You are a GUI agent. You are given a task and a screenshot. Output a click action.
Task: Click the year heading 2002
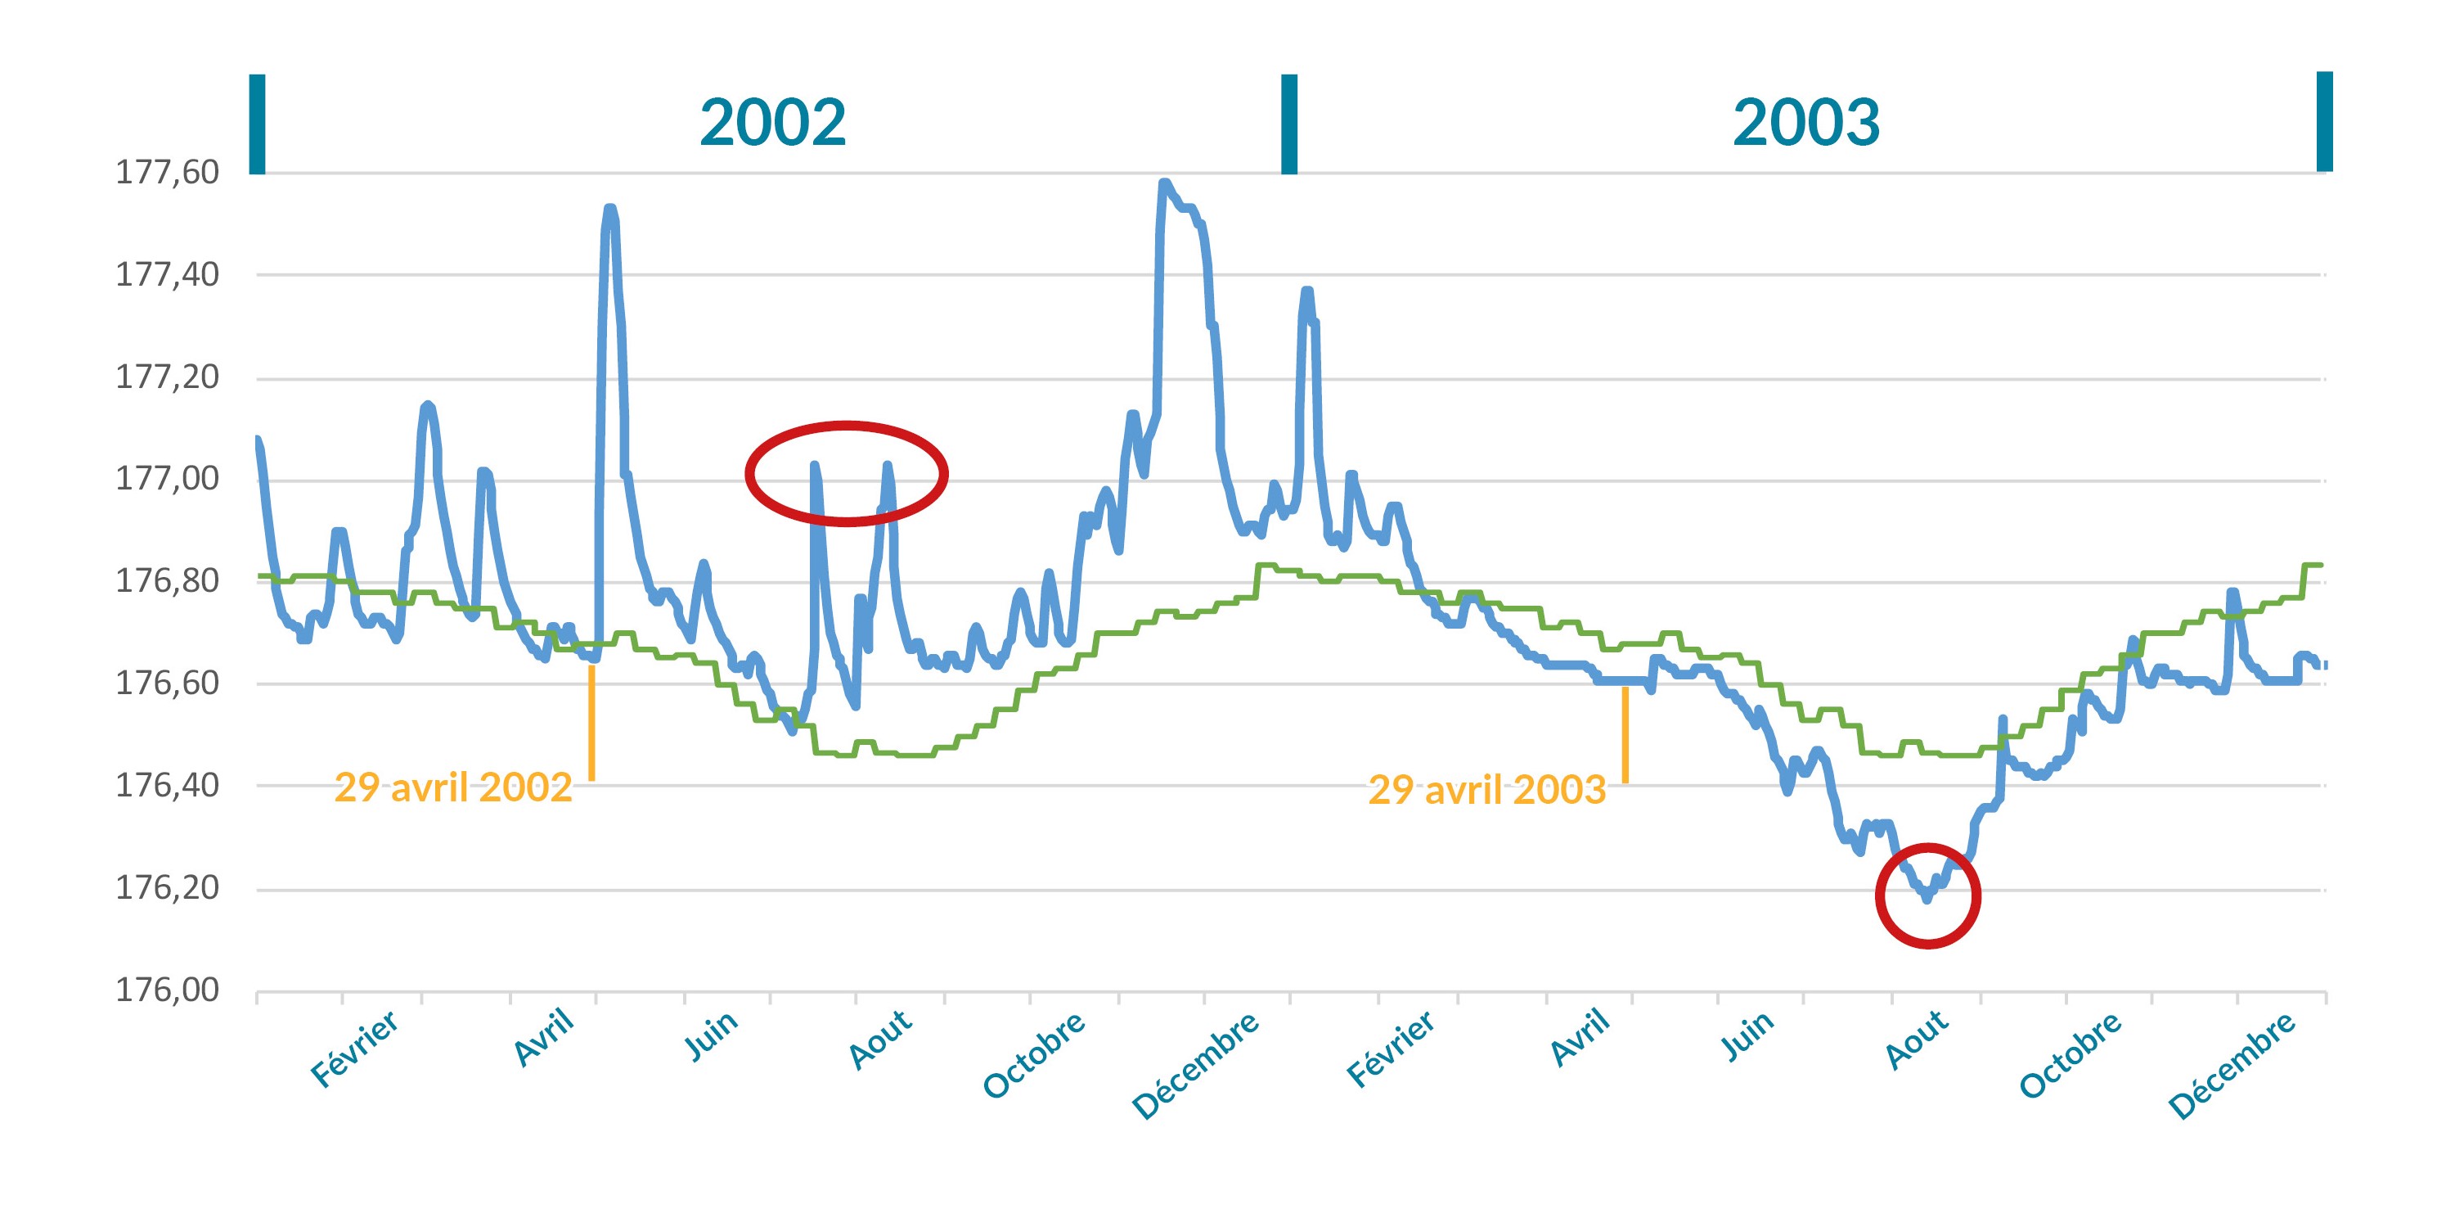coord(772,123)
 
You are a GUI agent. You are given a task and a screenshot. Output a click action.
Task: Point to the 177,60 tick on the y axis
coord(167,173)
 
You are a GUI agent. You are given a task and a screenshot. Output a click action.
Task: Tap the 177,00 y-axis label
coord(167,478)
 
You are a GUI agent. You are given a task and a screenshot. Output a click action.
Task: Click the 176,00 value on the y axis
coord(167,990)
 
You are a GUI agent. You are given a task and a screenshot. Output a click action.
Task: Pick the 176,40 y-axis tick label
coord(167,785)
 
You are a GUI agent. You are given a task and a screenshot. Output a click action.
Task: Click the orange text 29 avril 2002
coord(452,787)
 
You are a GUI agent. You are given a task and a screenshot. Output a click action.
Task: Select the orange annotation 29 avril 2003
coord(1486,789)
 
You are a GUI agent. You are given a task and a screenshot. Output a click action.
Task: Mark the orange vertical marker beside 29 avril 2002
coord(591,723)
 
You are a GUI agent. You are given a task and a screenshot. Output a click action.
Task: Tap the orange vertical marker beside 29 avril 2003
coord(1625,734)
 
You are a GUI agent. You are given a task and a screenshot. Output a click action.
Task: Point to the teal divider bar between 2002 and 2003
coord(1288,124)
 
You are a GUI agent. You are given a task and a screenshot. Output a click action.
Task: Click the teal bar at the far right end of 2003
coord(2323,122)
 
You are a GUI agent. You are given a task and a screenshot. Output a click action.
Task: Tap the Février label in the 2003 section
coord(1391,1049)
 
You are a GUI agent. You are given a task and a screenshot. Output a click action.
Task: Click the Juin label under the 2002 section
coord(712,1035)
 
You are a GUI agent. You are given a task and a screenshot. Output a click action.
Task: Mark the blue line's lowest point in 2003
coord(1927,899)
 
